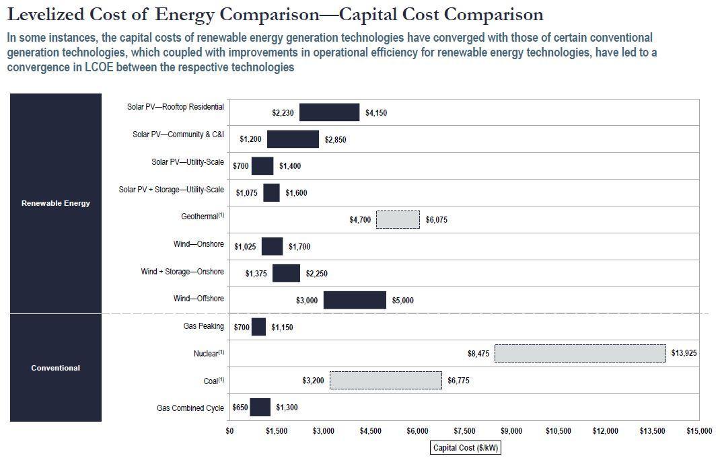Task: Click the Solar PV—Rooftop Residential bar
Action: [329, 112]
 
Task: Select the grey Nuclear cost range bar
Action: [580, 353]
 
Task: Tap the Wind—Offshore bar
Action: [355, 300]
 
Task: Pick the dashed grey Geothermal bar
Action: [398, 219]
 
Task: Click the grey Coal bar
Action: [386, 380]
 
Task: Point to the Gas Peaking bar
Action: [258, 327]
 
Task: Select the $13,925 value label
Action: [684, 353]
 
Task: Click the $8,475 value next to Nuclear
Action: [478, 353]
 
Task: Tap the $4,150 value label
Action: [376, 113]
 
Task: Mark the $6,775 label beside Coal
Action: [458, 381]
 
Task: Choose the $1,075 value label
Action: [247, 193]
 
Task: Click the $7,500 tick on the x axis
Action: [464, 431]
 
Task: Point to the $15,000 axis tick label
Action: [698, 431]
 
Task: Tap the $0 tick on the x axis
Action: [229, 431]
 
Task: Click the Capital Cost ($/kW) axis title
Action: [466, 448]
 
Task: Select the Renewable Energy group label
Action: [56, 203]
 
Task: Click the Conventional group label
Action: [56, 368]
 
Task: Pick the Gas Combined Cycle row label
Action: [190, 408]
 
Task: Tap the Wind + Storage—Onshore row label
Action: [182, 272]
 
